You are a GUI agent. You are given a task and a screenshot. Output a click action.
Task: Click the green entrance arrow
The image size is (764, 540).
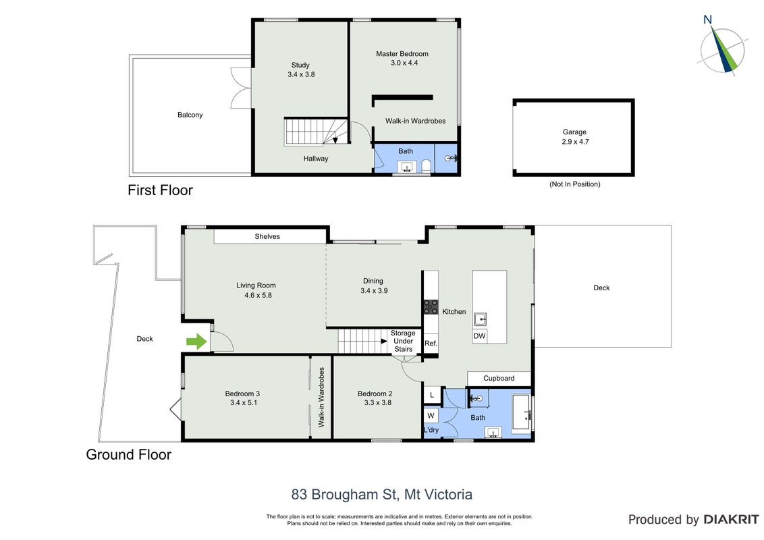[x=197, y=342]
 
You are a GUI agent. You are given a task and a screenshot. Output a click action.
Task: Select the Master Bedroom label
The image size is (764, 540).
[x=402, y=53]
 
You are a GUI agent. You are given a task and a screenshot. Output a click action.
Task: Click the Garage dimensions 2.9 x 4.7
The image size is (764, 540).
[x=575, y=142]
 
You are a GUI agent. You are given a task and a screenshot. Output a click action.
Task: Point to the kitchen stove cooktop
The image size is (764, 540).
[x=431, y=307]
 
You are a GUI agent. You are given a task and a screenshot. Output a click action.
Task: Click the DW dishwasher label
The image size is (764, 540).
[x=479, y=335]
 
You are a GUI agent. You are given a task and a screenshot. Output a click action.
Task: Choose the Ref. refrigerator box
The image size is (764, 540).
[x=431, y=343]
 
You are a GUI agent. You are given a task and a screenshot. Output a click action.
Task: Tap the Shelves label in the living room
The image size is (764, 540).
[x=267, y=236]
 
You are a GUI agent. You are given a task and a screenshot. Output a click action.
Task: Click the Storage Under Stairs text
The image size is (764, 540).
[x=403, y=341]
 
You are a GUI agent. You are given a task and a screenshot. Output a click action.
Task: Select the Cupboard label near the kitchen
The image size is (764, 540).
[x=499, y=378]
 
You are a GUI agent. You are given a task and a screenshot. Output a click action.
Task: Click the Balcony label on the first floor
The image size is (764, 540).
[x=190, y=115]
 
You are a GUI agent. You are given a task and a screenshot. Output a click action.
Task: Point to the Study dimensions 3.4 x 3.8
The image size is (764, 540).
[x=301, y=74]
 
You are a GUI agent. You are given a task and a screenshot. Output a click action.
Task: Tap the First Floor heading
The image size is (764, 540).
[x=161, y=190]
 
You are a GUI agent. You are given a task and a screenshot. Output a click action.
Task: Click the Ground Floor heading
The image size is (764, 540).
[x=129, y=454]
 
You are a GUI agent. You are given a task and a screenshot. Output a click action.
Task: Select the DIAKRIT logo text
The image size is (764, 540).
[x=731, y=520]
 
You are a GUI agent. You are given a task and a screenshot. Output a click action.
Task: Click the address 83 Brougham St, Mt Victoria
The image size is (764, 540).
[x=382, y=495]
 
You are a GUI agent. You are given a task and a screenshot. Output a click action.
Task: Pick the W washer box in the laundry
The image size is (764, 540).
[x=431, y=416]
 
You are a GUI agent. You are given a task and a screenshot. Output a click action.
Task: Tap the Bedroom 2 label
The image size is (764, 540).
[x=375, y=394]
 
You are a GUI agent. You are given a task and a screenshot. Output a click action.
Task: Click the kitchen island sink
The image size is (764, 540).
[x=480, y=320]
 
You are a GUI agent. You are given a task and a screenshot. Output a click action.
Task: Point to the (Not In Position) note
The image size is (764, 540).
[x=575, y=184]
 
